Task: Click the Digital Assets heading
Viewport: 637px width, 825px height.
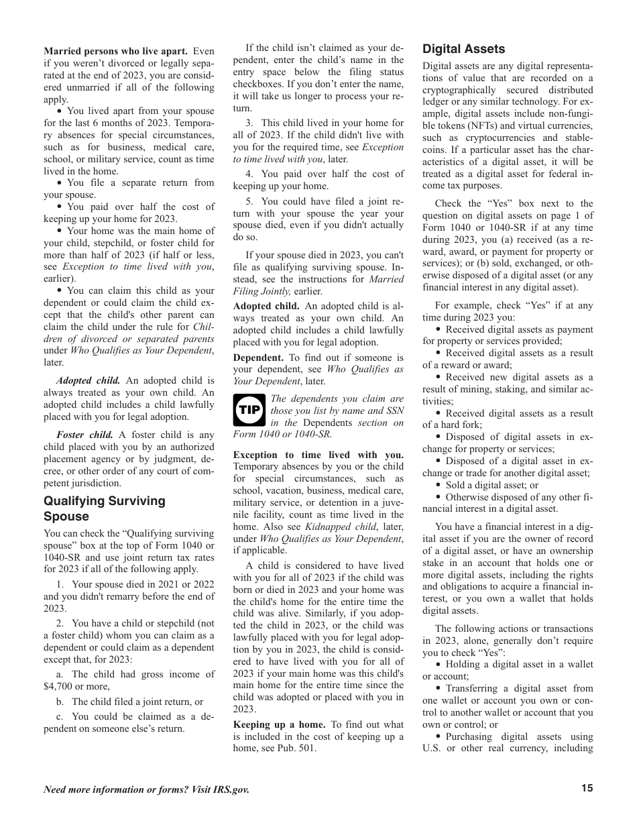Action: [x=463, y=49]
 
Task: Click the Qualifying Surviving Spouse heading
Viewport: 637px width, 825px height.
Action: [x=104, y=508]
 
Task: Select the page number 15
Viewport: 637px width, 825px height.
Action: [x=587, y=789]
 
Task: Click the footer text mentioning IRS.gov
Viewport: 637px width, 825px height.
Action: [x=146, y=789]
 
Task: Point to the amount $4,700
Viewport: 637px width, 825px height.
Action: [x=58, y=686]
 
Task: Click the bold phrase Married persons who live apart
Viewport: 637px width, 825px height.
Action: [x=115, y=51]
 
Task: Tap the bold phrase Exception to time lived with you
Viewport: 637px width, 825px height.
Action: [x=318, y=455]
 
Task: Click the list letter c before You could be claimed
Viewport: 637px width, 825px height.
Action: [x=60, y=716]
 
